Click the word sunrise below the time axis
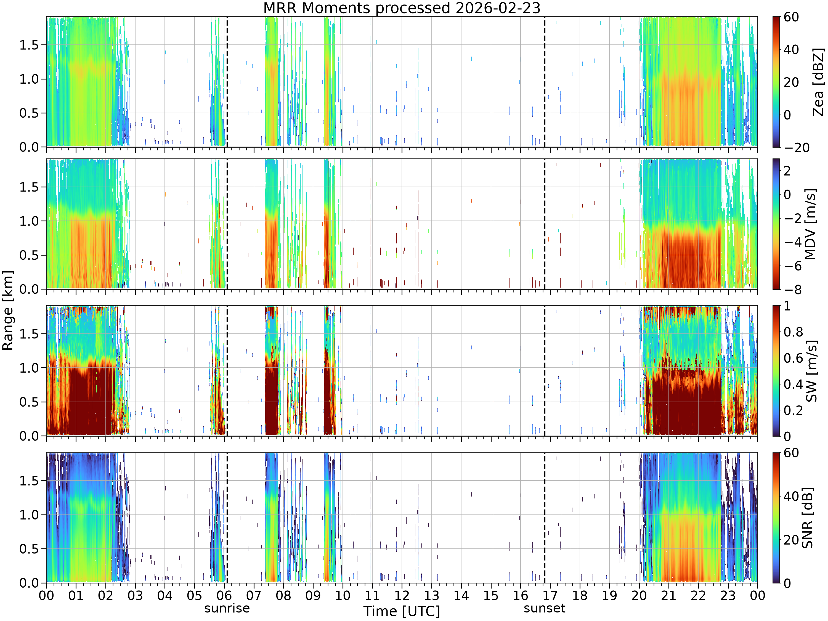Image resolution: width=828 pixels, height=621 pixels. click(227, 608)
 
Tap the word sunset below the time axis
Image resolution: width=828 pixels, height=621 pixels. click(544, 608)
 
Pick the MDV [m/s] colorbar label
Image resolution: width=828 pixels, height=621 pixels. click(810, 224)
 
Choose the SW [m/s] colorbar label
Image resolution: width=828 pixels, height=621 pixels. click(811, 371)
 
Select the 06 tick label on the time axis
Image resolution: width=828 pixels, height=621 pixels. click(224, 595)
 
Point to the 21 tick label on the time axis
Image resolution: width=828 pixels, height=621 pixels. click(668, 595)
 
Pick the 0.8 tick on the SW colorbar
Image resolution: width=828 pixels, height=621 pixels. click(794, 332)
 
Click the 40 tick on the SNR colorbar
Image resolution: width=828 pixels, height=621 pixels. click(791, 496)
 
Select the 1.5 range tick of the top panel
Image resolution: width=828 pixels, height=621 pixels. click(29, 45)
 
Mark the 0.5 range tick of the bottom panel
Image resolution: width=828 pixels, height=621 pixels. click(29, 549)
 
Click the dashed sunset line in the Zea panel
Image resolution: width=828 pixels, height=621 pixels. click(544, 82)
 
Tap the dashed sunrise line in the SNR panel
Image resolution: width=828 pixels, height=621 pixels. click(227, 518)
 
